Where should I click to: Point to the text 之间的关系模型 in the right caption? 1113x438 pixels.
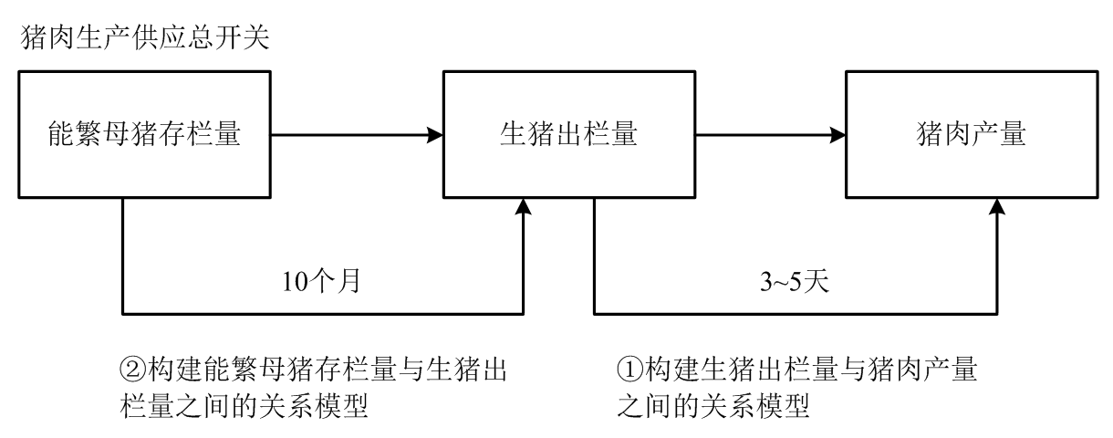pos(713,405)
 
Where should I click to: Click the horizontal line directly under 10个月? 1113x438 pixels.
pos(323,312)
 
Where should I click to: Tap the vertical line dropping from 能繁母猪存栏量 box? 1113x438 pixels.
pos(123,255)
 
